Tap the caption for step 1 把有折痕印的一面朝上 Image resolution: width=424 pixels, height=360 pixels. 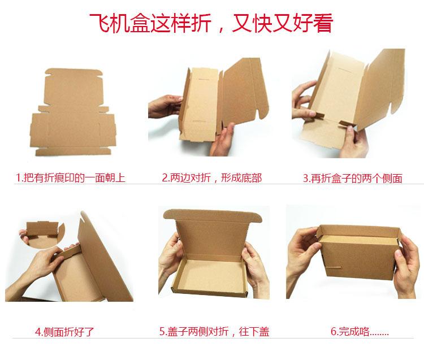tap(70, 177)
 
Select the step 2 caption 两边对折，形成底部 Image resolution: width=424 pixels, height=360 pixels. tap(211, 178)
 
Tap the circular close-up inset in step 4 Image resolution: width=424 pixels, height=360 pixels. tap(42, 232)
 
